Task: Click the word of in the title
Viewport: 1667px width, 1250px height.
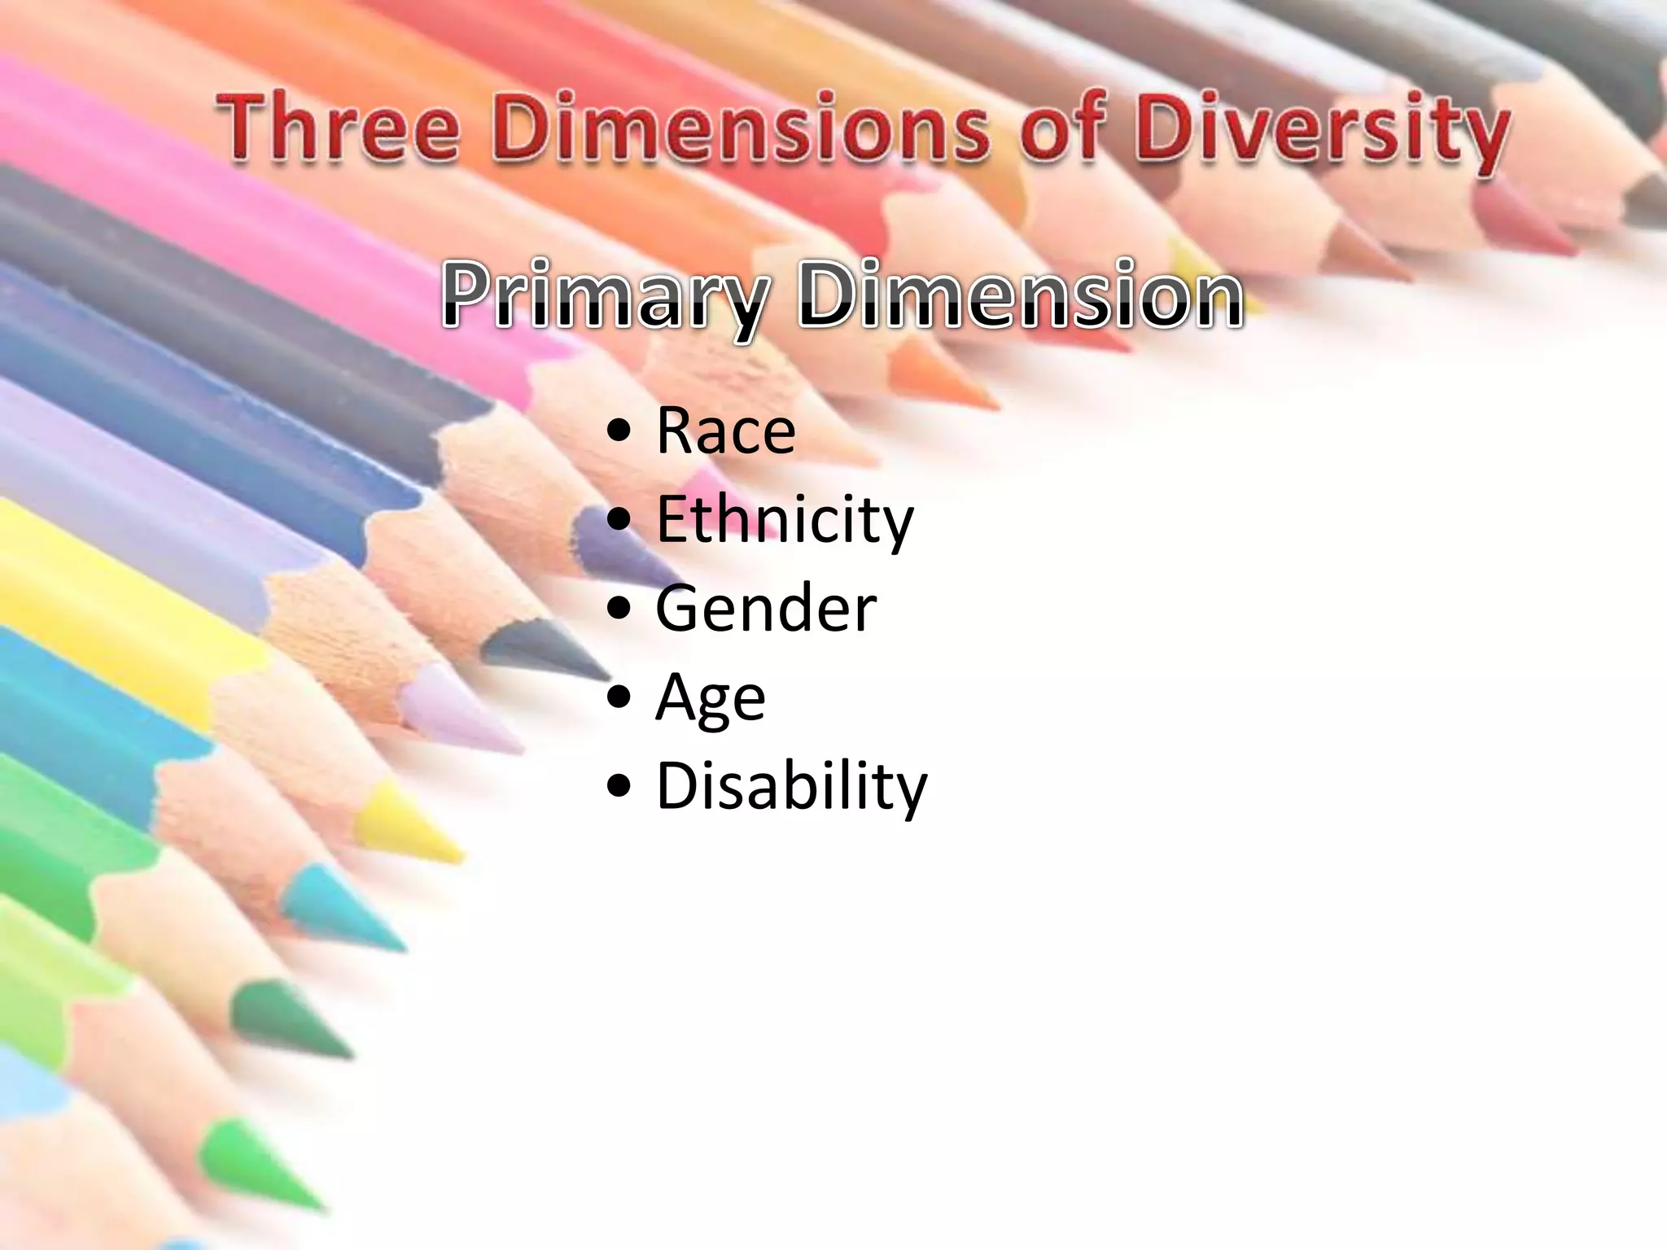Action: [x=1061, y=129]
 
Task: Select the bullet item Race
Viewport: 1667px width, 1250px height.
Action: [x=725, y=431]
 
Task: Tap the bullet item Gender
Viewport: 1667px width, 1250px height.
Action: [x=766, y=608]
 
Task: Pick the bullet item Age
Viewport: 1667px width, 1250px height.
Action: [x=711, y=697]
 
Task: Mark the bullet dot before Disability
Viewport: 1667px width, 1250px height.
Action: [x=619, y=788]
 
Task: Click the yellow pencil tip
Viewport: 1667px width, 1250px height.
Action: [x=407, y=822]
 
